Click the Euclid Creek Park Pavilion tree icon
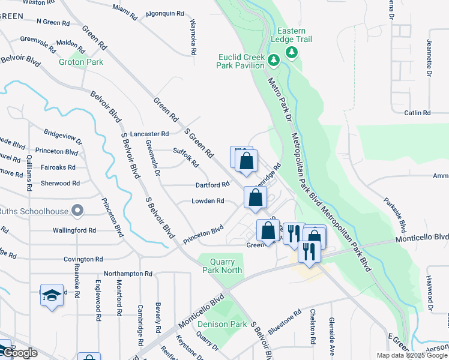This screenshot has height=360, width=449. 273,59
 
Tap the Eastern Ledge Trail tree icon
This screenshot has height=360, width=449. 292,53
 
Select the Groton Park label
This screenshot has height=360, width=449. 80,62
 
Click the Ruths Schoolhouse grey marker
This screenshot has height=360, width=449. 77,210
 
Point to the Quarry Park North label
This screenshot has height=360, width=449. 226,266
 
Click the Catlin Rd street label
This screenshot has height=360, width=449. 417,113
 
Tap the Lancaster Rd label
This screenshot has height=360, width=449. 149,134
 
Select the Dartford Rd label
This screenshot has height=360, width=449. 212,185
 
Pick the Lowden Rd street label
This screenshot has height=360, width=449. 208,201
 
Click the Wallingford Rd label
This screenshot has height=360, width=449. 74,230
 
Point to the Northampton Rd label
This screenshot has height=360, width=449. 128,274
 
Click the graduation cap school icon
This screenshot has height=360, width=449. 52,295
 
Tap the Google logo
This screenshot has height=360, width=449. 20,353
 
